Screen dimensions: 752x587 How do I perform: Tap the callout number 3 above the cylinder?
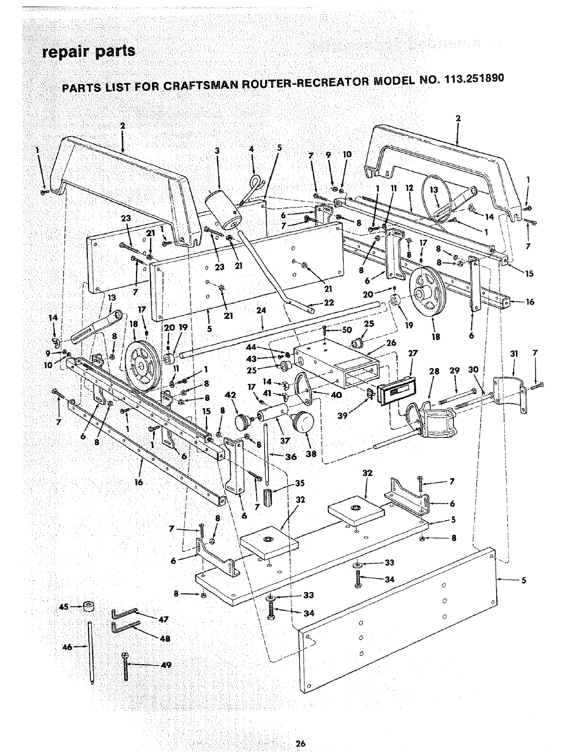217,150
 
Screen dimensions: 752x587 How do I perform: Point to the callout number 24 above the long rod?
261,311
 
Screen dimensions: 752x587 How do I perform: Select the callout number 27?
413,353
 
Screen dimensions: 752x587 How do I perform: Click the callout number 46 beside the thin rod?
67,647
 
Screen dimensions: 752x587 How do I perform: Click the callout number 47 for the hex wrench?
163,619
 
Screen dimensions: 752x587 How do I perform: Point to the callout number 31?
514,353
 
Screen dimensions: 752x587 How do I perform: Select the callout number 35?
299,483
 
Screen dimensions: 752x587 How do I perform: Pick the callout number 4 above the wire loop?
251,149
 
